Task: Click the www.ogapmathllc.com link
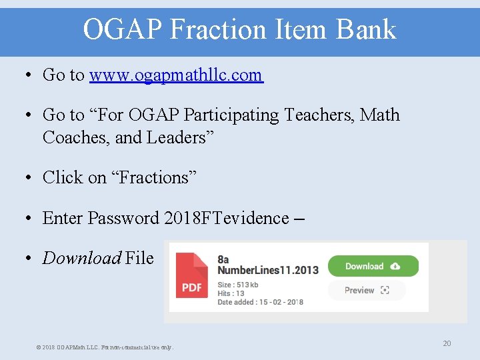pos(176,75)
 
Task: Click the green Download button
pos(373,266)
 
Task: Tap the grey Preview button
pos(367,290)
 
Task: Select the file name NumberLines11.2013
pos(268,270)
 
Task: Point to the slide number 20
pos(447,343)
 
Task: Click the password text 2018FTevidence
pos(227,218)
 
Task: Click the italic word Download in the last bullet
pos(81,258)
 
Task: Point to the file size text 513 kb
pos(238,285)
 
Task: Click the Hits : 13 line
pos(231,293)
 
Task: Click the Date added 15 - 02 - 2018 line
pos(260,302)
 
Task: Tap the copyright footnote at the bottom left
pos(104,347)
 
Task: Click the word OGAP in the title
pos(123,29)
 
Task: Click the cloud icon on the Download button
pos(395,266)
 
